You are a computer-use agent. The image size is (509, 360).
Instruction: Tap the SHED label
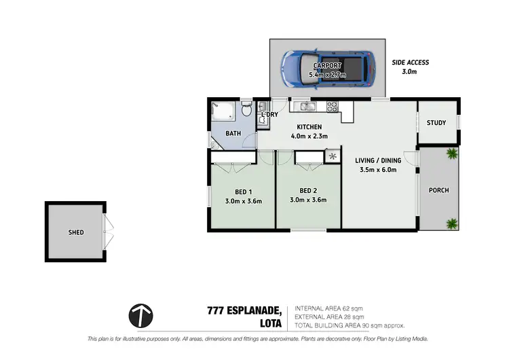pos(76,232)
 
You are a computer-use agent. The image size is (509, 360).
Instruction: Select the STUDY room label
pos(436,123)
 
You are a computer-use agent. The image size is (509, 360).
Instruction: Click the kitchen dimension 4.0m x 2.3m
pos(309,137)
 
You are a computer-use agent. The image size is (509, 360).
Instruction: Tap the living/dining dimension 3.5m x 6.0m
pos(378,170)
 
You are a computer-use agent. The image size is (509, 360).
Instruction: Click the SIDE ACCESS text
pos(411,62)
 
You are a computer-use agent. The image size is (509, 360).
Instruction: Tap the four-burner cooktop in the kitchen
pos(333,106)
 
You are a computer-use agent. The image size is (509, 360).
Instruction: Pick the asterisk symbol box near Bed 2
pos(333,157)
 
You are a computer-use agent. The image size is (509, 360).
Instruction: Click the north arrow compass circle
pos(140,314)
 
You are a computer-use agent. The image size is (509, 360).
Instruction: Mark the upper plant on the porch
pos(451,154)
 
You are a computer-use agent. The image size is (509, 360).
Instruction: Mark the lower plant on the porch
pos(451,222)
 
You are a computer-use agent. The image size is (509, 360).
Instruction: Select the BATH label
pos(233,134)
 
